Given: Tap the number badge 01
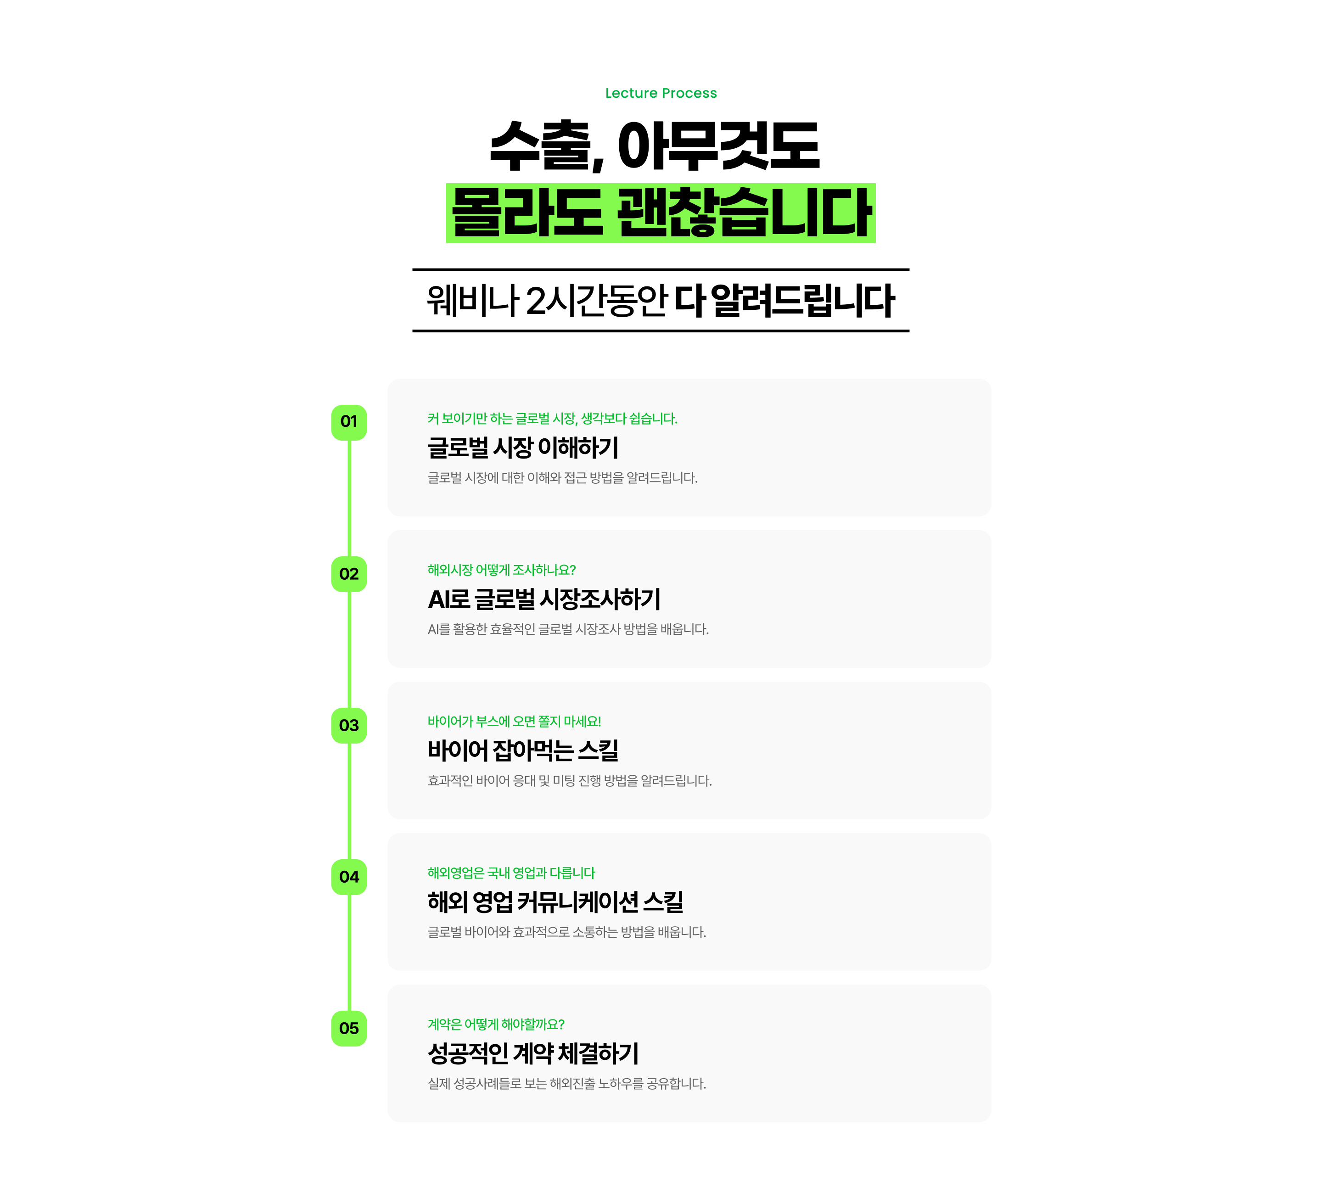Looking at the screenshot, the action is pyautogui.click(x=349, y=422).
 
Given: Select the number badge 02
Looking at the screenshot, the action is pyautogui.click(x=349, y=574).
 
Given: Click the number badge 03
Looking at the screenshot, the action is pyautogui.click(x=349, y=726).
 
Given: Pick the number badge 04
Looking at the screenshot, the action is pyautogui.click(x=349, y=877).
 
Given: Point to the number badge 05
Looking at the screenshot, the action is pyautogui.click(x=349, y=1029).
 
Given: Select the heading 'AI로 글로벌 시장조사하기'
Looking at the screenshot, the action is pyautogui.click(x=544, y=599).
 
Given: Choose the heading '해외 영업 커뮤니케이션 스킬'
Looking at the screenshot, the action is pyautogui.click(x=555, y=902).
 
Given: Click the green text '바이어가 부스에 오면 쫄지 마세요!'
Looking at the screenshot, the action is pyautogui.click(x=514, y=722).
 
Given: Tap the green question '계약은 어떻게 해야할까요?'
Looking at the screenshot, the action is pyautogui.click(x=496, y=1024).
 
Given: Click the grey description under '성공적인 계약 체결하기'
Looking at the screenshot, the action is pyautogui.click(x=566, y=1084).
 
